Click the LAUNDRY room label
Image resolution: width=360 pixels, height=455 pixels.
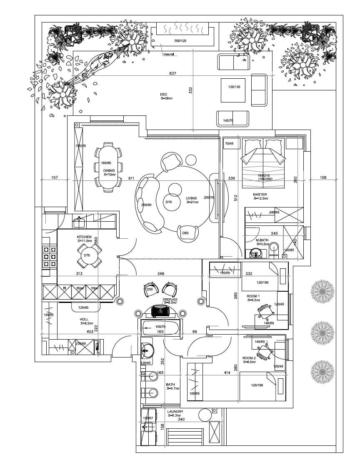[175, 411]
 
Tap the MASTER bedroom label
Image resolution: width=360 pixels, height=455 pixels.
[260, 195]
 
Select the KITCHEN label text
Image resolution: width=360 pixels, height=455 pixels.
[84, 237]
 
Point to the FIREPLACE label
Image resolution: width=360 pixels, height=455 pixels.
[170, 299]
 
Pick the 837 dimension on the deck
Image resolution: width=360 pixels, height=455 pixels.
[172, 74]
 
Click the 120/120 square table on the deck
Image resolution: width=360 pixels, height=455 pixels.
[234, 87]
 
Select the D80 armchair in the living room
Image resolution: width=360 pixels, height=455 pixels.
[186, 233]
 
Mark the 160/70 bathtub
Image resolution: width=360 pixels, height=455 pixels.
[160, 327]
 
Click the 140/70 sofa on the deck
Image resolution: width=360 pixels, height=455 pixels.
[232, 118]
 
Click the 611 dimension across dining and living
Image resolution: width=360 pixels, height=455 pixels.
[131, 178]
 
